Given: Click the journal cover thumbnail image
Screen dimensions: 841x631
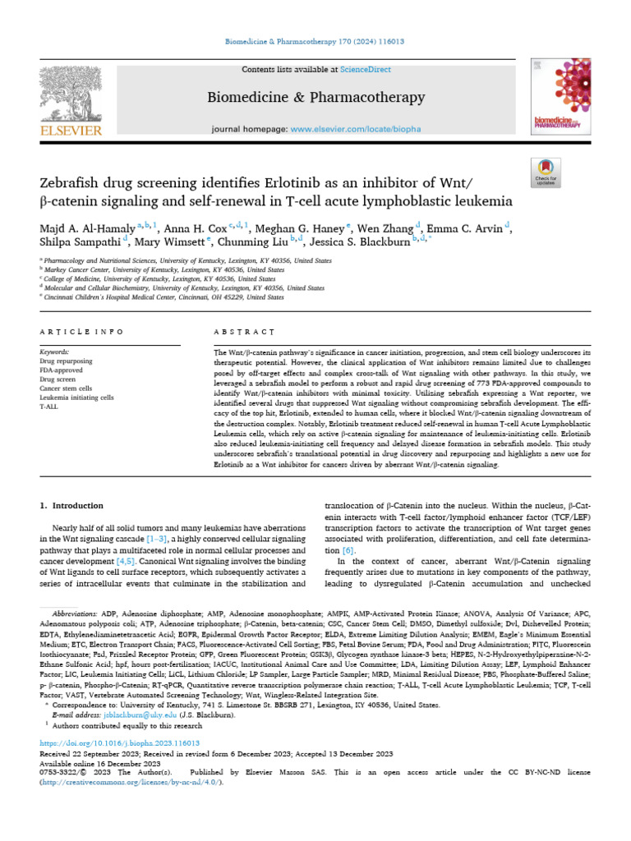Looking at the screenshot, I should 560,98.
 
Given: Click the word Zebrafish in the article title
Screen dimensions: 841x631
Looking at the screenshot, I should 80,182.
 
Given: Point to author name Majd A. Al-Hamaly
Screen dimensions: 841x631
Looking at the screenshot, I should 87,227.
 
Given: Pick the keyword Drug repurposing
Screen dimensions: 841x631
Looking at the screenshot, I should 66,361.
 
